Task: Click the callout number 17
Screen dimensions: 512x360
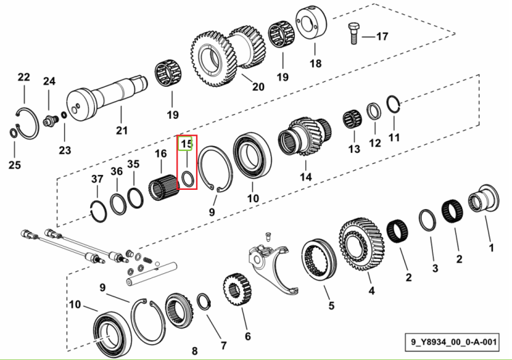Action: tap(382, 36)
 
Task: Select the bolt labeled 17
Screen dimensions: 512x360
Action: tap(354, 33)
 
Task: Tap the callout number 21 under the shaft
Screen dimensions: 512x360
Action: tap(122, 130)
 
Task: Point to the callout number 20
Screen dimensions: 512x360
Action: tap(258, 87)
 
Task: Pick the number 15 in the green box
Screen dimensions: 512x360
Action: tap(187, 143)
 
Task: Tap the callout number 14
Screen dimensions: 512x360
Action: tap(306, 177)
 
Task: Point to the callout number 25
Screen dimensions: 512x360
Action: tap(14, 165)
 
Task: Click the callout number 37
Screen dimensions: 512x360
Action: tap(97, 179)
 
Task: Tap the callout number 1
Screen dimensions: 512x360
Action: tap(491, 248)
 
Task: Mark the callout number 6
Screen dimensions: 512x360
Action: tap(248, 336)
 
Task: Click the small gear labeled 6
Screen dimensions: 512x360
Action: tap(237, 290)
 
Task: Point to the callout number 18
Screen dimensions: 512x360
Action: tap(315, 64)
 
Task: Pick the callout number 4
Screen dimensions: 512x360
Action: tap(371, 290)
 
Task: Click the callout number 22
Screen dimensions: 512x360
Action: tap(24, 77)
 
